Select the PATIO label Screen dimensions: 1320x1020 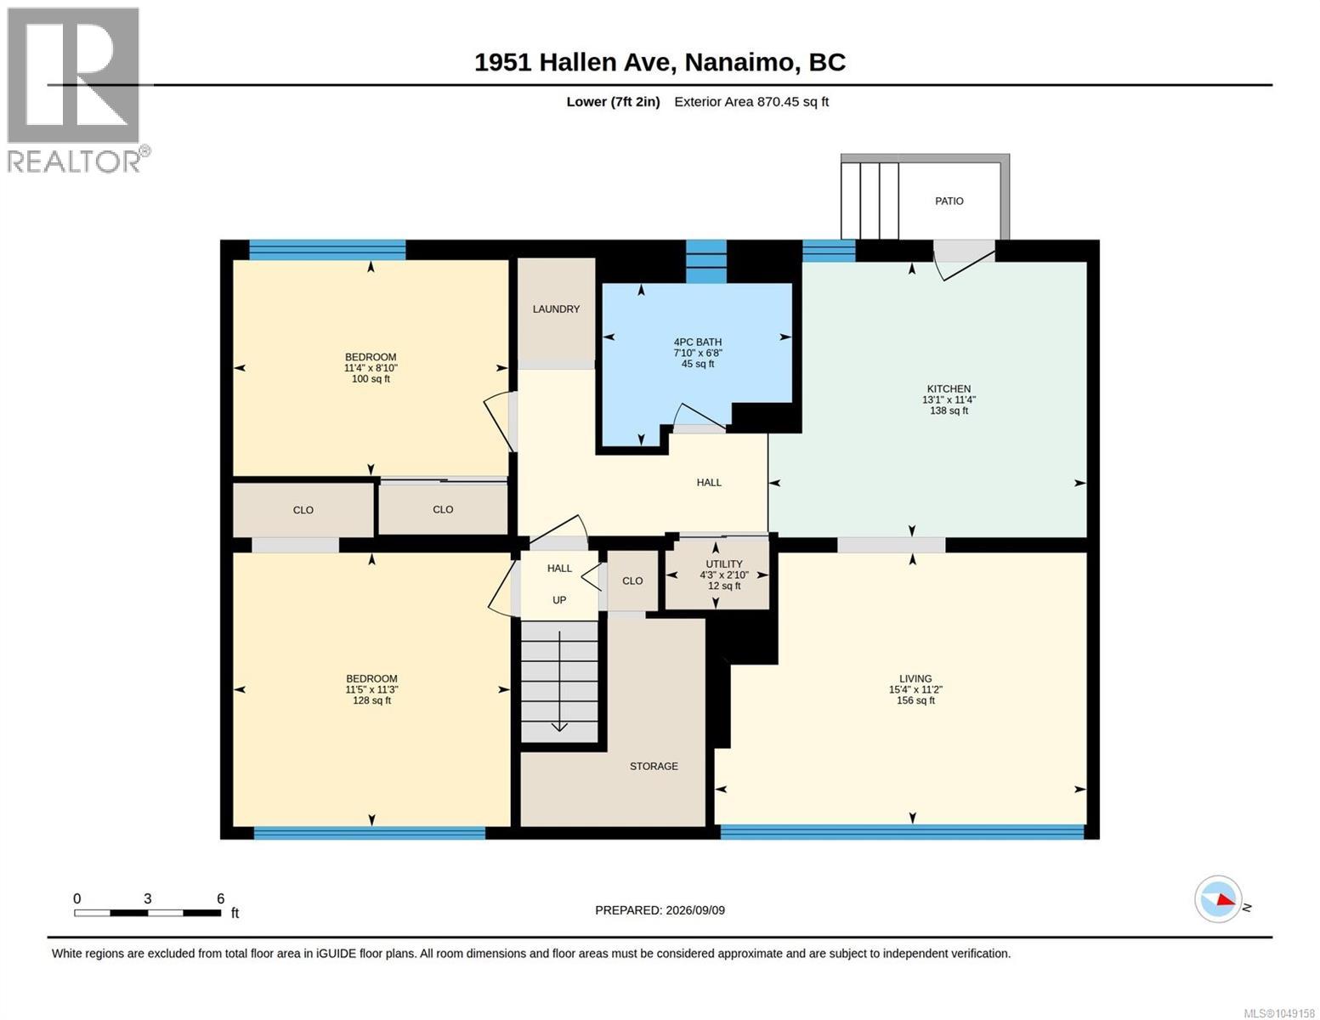(x=949, y=201)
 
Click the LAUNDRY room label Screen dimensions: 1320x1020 (x=556, y=309)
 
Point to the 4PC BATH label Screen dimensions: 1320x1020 (x=697, y=342)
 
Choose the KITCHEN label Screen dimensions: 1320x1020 (x=949, y=388)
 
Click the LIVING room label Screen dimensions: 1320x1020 (x=915, y=678)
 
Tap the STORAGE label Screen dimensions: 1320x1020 (x=654, y=766)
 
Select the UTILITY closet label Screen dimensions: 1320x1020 (x=724, y=564)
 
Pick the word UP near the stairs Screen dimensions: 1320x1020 (x=559, y=600)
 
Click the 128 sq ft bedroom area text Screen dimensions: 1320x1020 (x=371, y=700)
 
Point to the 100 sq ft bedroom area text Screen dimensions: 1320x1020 (x=371, y=379)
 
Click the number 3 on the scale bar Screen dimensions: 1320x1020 (x=148, y=898)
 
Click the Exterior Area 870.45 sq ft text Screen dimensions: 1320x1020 (x=751, y=102)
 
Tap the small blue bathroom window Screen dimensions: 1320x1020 (x=706, y=262)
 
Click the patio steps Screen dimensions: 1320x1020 (x=870, y=201)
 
